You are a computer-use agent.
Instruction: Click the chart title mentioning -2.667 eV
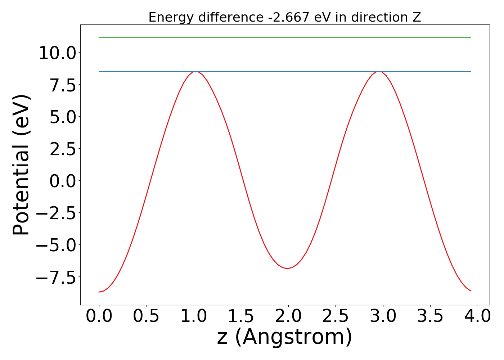click(x=284, y=17)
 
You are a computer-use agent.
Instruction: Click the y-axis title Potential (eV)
click(x=21, y=165)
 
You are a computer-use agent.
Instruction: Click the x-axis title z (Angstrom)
click(x=284, y=337)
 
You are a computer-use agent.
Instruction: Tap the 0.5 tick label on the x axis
click(x=146, y=316)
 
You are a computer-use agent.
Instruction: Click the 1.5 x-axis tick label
click(x=241, y=316)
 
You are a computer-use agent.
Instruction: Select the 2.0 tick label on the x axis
click(x=288, y=316)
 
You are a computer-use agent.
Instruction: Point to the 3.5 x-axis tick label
click(x=430, y=316)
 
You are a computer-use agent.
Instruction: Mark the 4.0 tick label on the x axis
click(x=477, y=316)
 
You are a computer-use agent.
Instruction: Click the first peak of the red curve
click(x=195, y=72)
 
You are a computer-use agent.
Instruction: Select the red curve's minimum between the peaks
click(x=287, y=268)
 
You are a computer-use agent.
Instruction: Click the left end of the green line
click(x=99, y=37)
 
